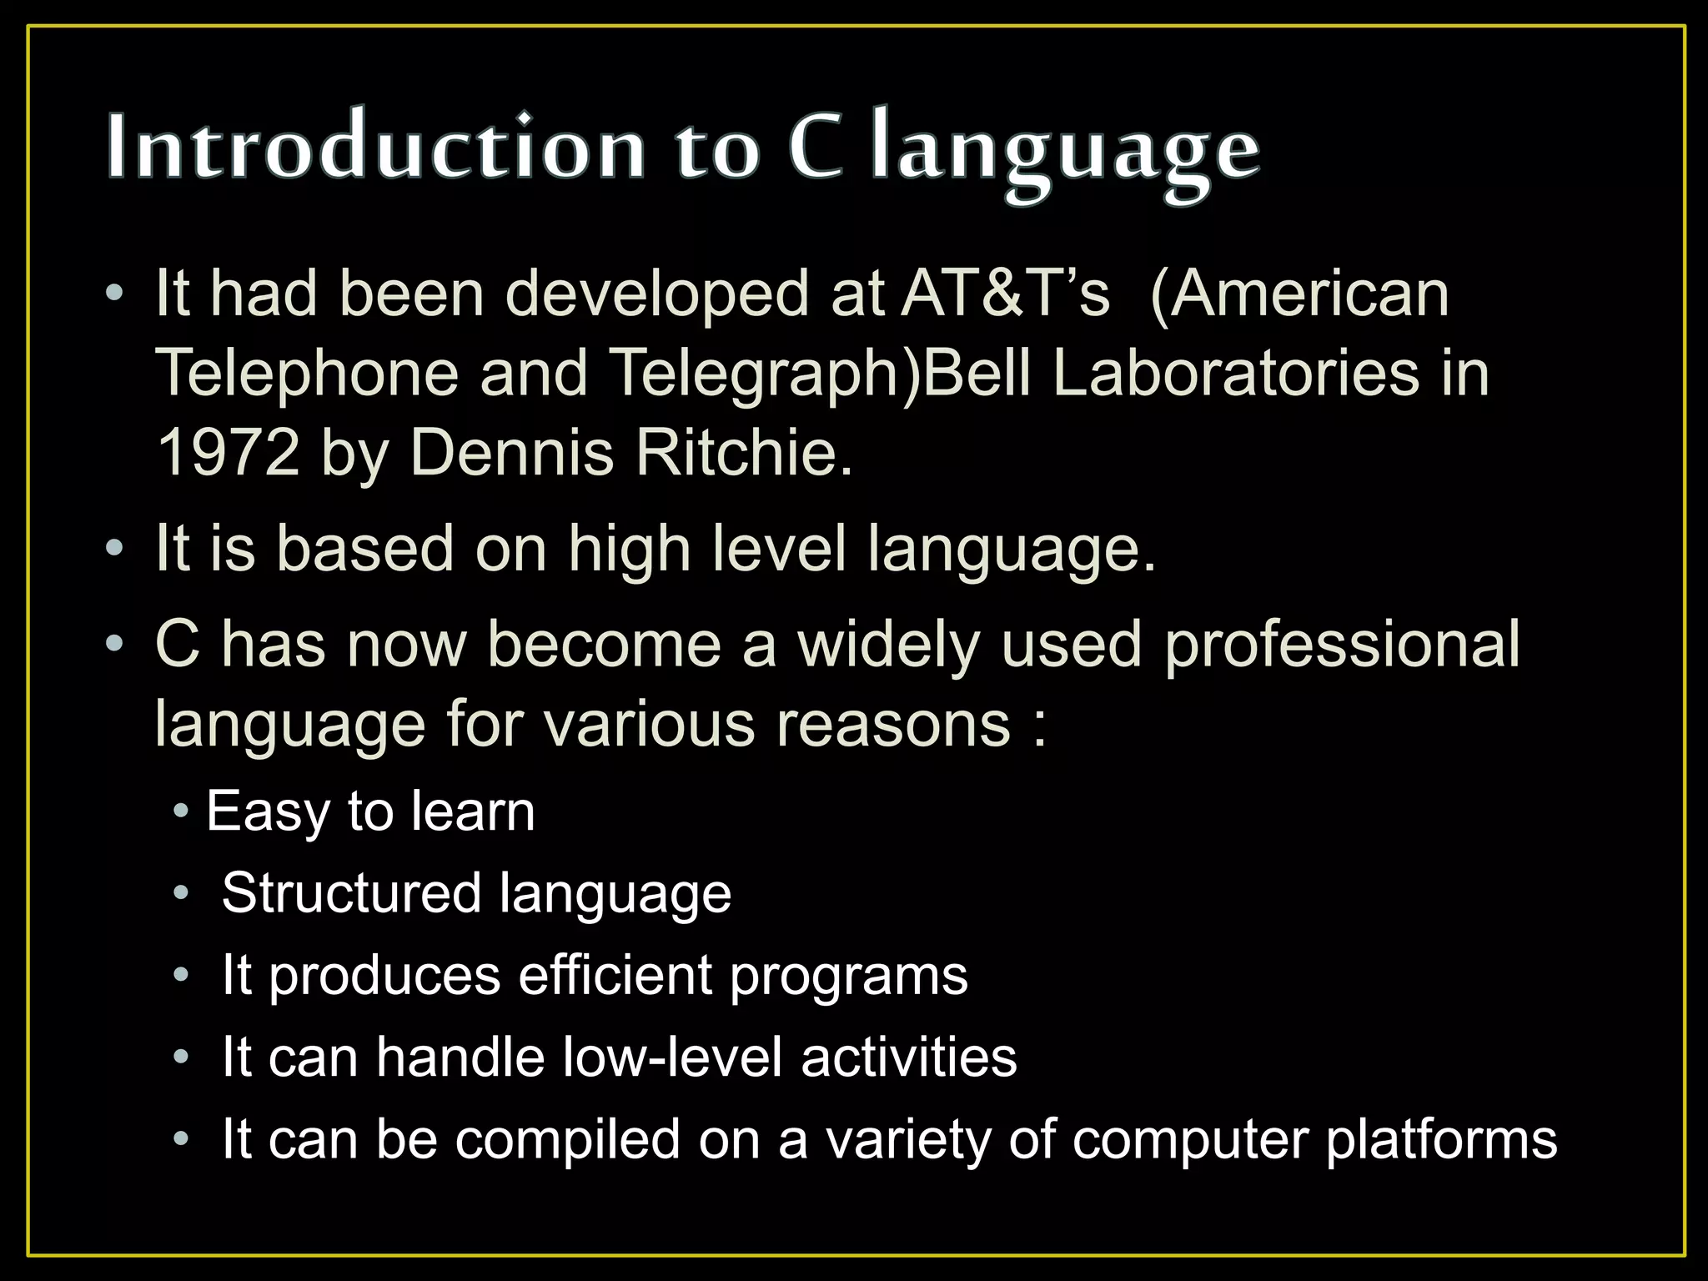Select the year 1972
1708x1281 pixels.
pyautogui.click(x=229, y=453)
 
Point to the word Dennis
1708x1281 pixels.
pyautogui.click(x=511, y=453)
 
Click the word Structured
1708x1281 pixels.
pyautogui.click(x=351, y=893)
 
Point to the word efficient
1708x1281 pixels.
pyautogui.click(x=615, y=975)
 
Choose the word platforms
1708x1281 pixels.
pyautogui.click(x=1440, y=1140)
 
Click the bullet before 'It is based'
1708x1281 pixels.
pyautogui.click(x=114, y=549)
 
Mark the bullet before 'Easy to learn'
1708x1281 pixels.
pyautogui.click(x=181, y=811)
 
